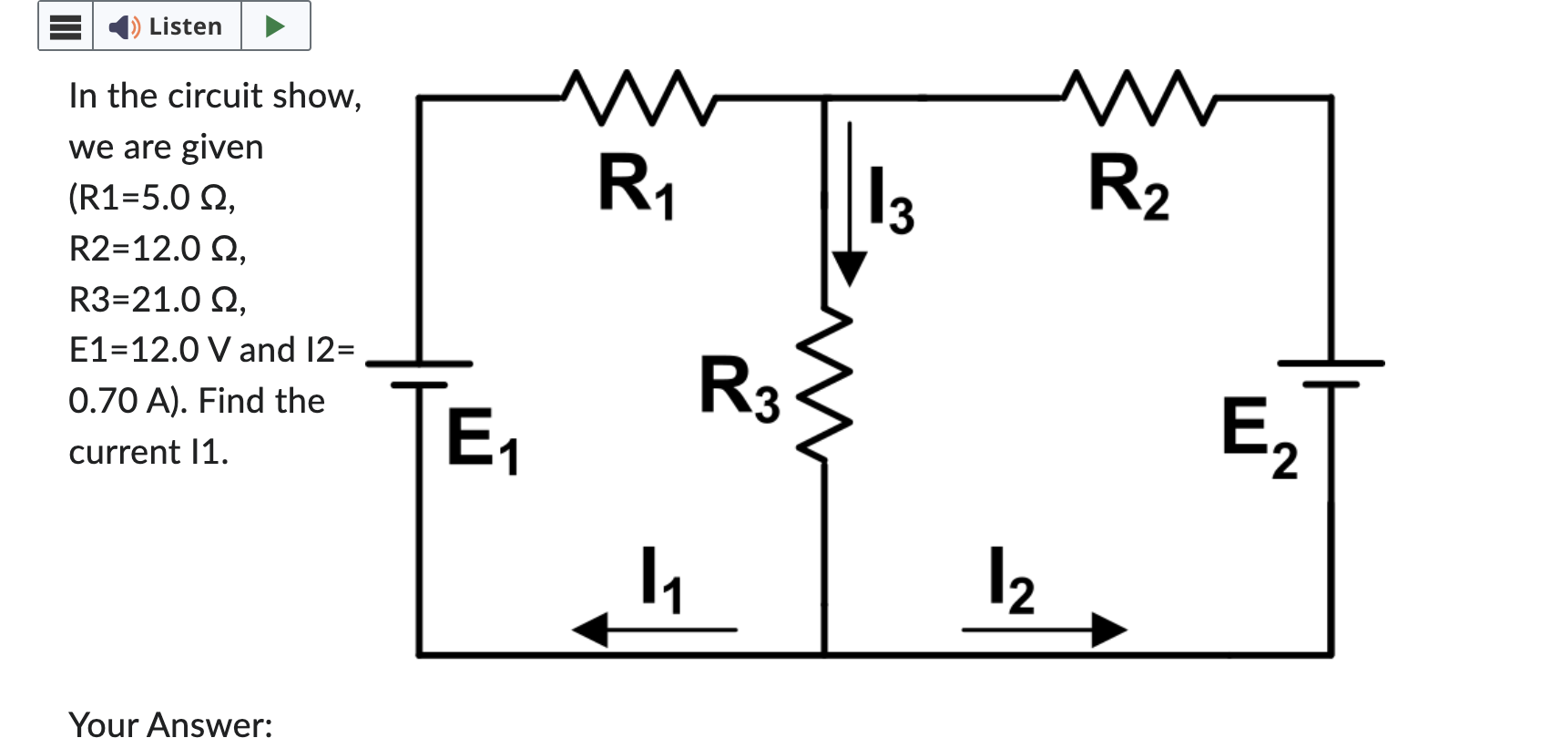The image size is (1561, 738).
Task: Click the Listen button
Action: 167,26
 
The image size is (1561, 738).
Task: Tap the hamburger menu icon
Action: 66,26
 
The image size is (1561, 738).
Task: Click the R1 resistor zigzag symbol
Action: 638,97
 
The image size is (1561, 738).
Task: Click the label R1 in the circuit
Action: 636,186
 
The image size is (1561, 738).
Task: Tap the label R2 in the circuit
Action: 1128,186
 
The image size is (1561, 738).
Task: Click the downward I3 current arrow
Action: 849,205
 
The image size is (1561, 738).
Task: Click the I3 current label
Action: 891,200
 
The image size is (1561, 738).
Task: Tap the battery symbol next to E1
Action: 419,374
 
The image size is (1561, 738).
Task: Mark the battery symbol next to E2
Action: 1331,374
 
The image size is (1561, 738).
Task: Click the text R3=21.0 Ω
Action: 157,299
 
